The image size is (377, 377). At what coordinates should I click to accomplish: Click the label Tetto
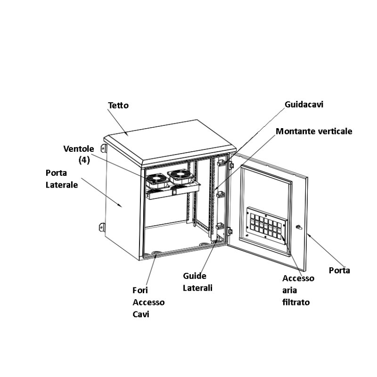tap(118, 105)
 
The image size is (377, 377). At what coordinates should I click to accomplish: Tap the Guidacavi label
tap(304, 105)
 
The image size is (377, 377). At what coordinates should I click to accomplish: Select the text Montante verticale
tap(314, 131)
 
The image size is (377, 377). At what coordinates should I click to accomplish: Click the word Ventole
tap(79, 149)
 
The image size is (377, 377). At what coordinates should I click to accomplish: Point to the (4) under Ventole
tap(84, 160)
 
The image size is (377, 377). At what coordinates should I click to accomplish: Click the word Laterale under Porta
tap(62, 185)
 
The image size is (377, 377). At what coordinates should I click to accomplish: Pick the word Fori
tap(140, 290)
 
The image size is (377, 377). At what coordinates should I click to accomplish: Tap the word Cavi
tap(141, 314)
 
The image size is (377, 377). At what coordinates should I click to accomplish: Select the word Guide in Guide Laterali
tap(195, 276)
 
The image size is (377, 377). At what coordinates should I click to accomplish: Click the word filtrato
tap(296, 302)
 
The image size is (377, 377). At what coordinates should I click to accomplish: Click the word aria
tap(289, 290)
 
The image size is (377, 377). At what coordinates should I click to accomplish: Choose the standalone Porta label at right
tap(339, 270)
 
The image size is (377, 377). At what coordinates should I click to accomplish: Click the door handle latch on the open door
tap(299, 227)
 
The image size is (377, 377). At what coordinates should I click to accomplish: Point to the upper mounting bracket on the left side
tap(103, 148)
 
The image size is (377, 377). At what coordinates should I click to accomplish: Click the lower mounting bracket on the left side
tap(102, 227)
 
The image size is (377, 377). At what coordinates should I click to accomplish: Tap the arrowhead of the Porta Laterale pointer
tap(120, 205)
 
